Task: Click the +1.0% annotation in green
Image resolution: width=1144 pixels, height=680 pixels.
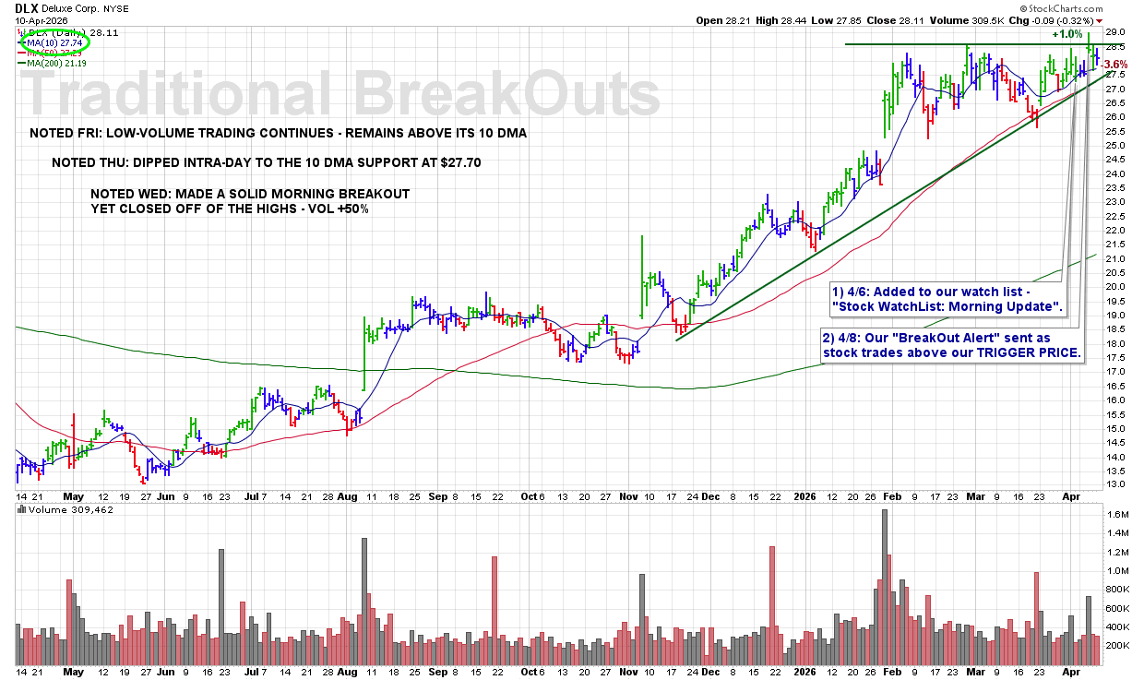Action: click(1067, 34)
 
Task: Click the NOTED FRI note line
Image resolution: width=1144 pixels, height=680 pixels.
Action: click(278, 133)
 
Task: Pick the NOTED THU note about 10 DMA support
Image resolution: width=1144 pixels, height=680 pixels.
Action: click(266, 162)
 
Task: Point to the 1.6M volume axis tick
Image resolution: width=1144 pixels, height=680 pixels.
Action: click(1117, 514)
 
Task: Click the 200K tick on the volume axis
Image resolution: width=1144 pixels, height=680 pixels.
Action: click(1117, 646)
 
